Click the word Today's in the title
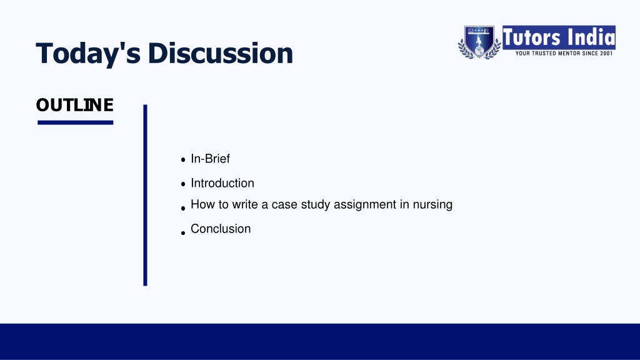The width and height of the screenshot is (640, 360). (88, 54)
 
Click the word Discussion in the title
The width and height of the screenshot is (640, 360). (221, 53)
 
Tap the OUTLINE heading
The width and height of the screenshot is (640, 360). (75, 105)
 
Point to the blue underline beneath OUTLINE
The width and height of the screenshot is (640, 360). (75, 122)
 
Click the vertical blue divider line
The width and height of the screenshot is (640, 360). (145, 195)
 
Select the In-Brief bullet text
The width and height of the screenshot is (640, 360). (210, 158)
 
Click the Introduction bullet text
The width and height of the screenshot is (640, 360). (222, 183)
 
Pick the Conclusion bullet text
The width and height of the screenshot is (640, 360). (221, 229)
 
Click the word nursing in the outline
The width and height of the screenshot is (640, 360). (432, 204)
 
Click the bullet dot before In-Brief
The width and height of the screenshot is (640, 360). (183, 160)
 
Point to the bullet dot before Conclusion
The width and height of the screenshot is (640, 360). (183, 233)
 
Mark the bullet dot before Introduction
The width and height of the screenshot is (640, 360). (183, 184)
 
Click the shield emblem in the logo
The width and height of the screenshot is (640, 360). (479, 42)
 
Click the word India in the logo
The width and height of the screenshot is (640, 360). (591, 37)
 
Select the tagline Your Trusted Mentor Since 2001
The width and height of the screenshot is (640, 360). (564, 54)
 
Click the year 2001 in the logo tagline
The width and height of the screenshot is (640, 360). (606, 54)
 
